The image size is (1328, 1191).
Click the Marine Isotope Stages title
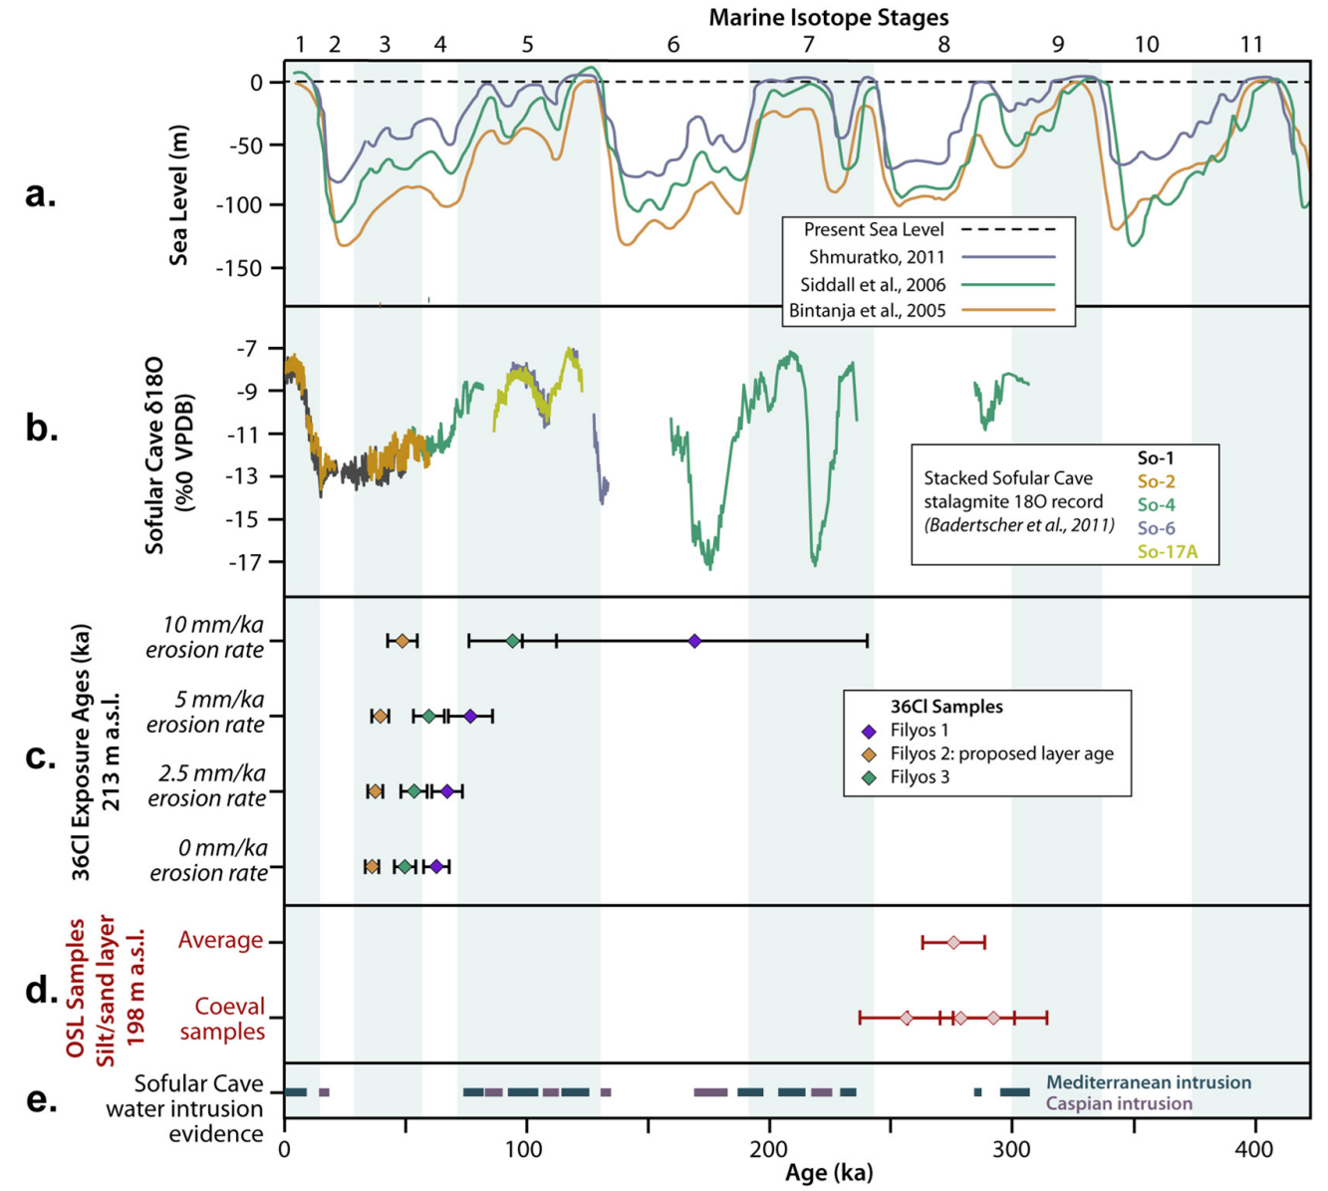tap(828, 17)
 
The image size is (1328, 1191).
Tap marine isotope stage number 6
tap(673, 44)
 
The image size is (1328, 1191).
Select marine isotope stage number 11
tap(1251, 44)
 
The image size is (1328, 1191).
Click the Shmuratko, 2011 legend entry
tap(877, 257)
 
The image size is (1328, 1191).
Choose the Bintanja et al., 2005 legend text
tap(867, 311)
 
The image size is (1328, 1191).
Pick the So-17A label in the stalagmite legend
tap(1168, 551)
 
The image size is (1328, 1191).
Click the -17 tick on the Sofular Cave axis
tap(245, 563)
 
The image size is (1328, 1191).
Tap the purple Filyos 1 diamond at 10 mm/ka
tap(694, 641)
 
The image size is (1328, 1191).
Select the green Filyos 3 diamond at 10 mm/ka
tap(513, 641)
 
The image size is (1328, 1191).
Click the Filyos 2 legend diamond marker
tap(869, 754)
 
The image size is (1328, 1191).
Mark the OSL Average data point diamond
tap(953, 942)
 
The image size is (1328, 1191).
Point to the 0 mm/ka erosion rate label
tap(208, 860)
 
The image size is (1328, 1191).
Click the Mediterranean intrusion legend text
tap(1149, 1082)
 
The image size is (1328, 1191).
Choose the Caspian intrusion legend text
tap(1119, 1103)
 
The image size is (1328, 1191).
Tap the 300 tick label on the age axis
tap(1012, 1149)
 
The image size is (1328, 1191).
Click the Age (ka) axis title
tap(828, 1173)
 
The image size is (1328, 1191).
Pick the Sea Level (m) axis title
tap(179, 195)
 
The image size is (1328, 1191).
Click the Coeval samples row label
tap(223, 1019)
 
